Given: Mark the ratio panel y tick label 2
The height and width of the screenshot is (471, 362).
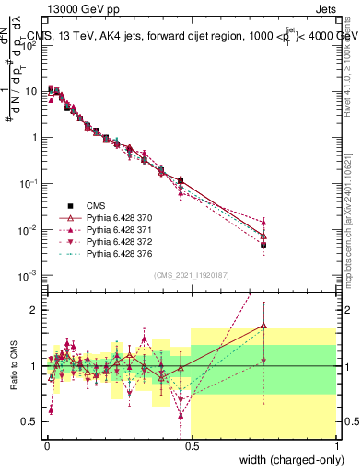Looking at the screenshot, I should (x=36, y=310).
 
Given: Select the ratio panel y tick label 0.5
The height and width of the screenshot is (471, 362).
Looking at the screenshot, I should (x=31, y=422).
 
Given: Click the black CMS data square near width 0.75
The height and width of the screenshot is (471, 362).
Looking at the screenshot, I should (x=264, y=246).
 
